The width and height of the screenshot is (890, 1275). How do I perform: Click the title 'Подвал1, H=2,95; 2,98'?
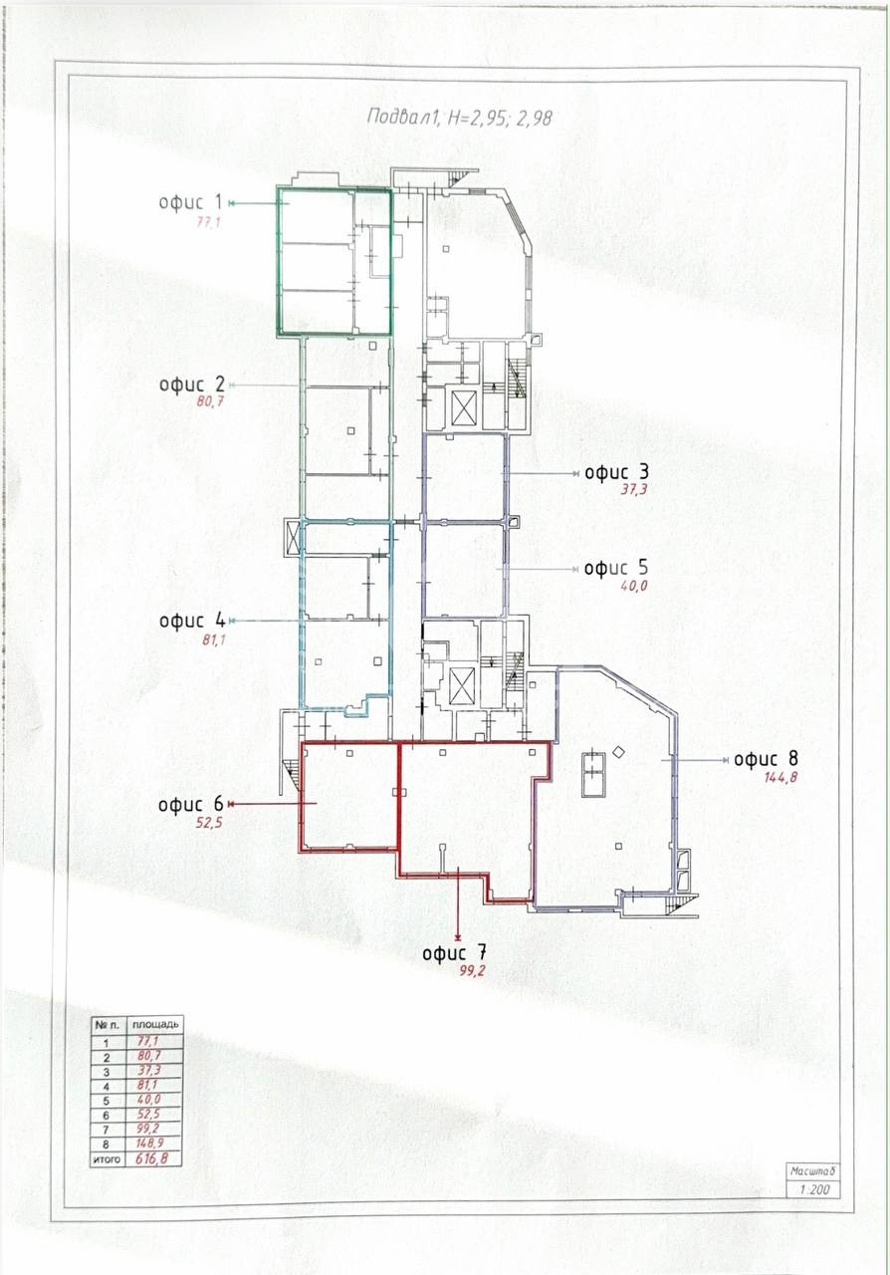[460, 118]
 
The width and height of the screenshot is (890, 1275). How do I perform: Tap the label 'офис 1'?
[190, 202]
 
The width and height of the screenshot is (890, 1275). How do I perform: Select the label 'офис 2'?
[192, 384]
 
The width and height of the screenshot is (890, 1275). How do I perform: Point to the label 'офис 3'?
[616, 472]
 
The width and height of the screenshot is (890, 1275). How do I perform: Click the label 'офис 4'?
[192, 621]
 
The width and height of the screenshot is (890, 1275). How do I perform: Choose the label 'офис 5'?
[616, 568]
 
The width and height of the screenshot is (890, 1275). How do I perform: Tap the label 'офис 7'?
[455, 953]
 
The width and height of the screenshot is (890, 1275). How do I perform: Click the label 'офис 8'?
[766, 759]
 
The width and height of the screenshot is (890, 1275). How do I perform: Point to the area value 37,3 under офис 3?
[634, 489]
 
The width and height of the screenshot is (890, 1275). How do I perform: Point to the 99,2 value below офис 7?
[472, 971]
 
